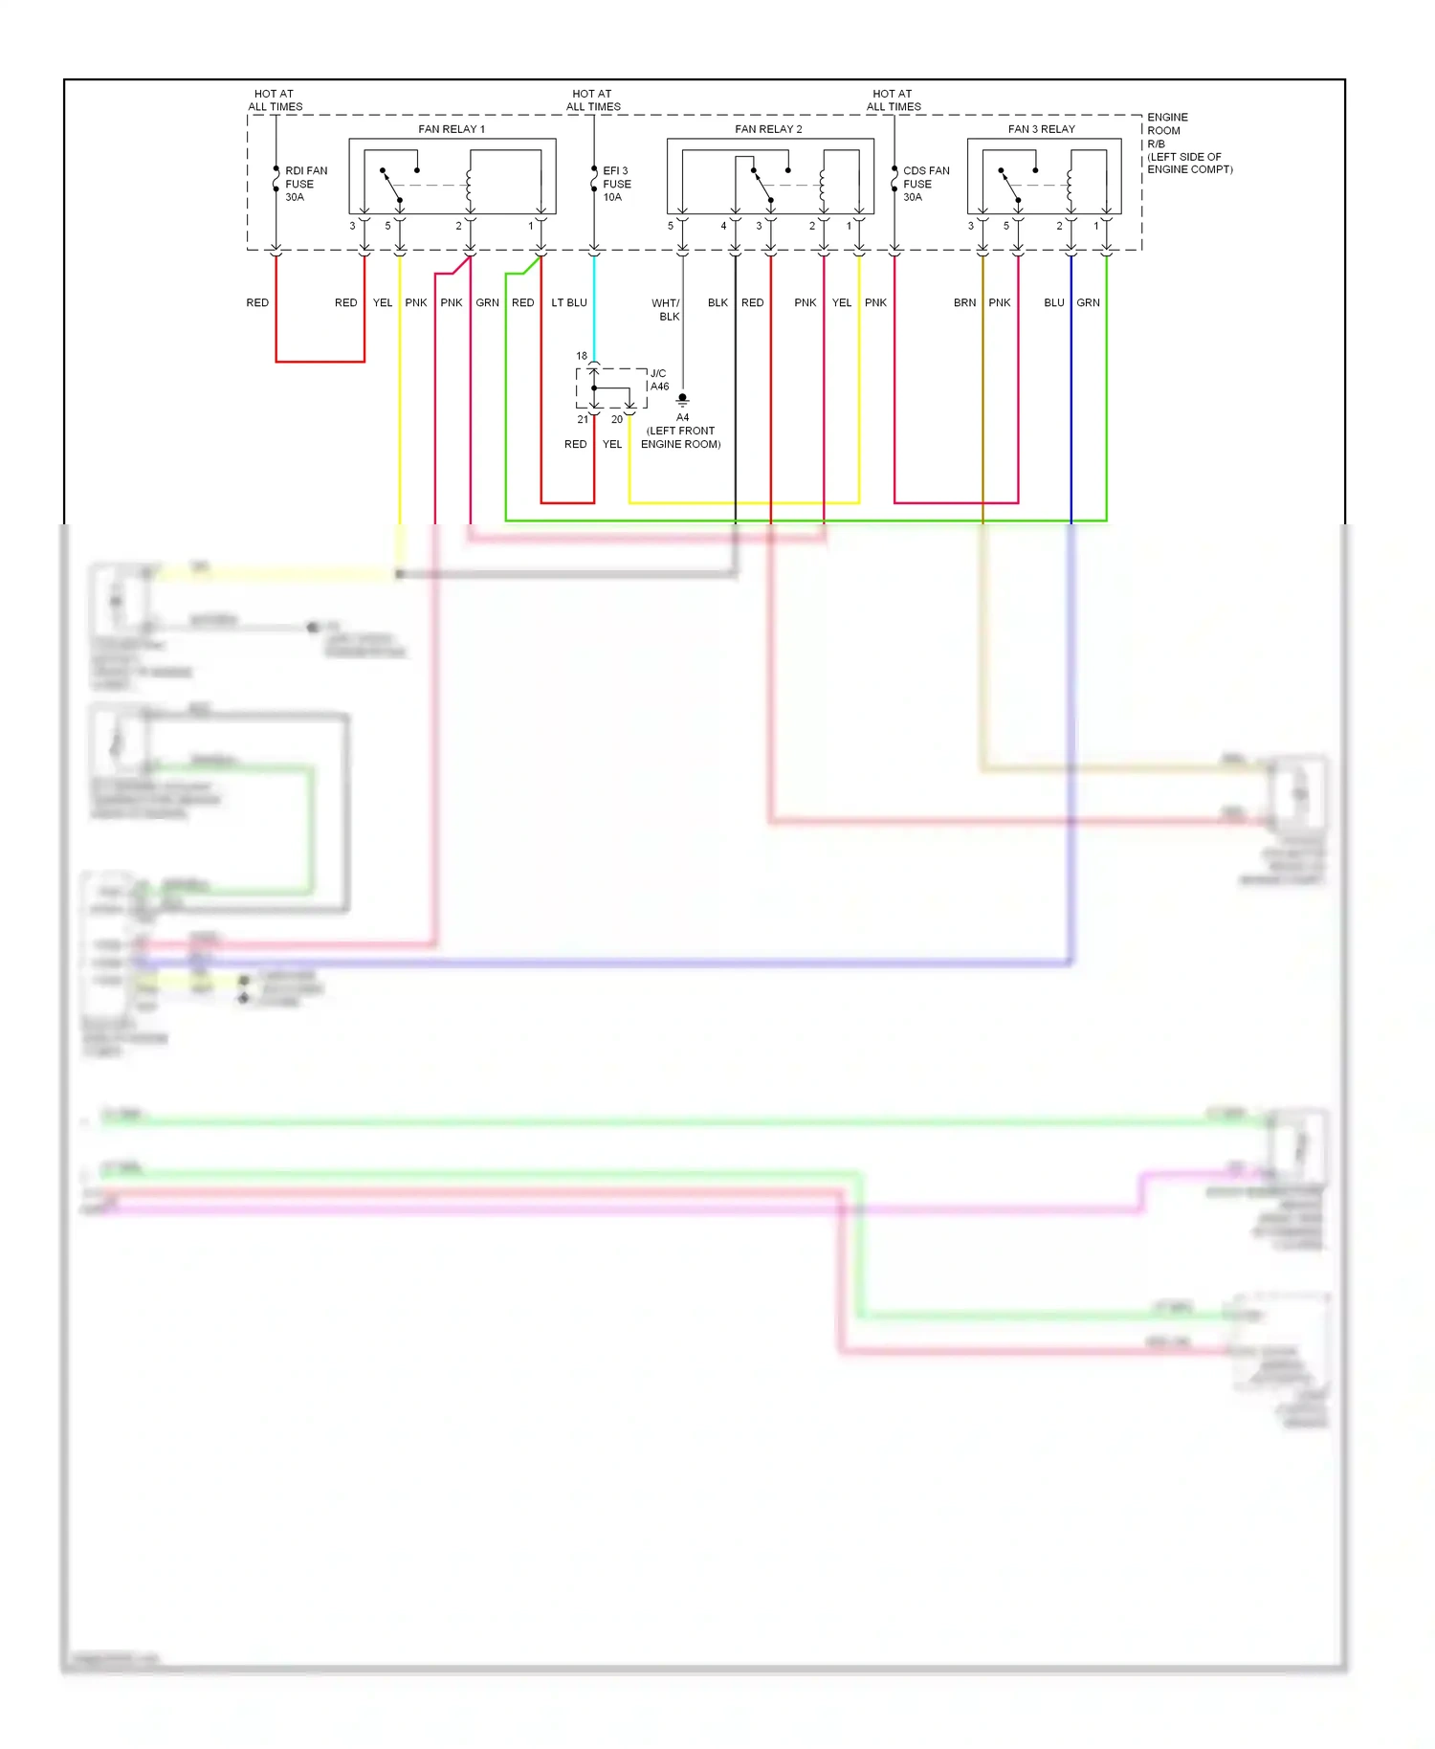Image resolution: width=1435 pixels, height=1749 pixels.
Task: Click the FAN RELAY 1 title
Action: tap(452, 129)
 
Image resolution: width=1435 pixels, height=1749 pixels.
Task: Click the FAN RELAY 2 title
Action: tap(768, 129)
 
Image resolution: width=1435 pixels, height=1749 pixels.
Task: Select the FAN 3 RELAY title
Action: tap(1041, 129)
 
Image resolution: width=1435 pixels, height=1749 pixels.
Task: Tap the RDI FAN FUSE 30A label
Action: tap(305, 184)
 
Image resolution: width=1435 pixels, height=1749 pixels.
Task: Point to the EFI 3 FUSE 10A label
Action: tap(616, 184)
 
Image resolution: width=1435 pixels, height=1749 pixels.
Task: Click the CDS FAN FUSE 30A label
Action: tap(925, 184)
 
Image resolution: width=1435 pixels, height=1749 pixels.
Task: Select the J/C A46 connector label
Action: tap(659, 380)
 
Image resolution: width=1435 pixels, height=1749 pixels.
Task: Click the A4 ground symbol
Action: tap(682, 400)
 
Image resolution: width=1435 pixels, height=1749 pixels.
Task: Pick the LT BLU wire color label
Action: tap(569, 302)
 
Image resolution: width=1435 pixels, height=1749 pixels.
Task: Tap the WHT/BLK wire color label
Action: tap(666, 309)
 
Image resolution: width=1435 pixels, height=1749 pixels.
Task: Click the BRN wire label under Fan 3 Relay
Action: tap(964, 302)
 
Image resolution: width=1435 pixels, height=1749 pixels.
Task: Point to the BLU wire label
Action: tap(1053, 302)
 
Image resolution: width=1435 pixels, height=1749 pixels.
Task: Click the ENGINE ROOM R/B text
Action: tap(1167, 130)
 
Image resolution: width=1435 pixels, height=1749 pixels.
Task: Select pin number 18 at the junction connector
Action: tap(582, 356)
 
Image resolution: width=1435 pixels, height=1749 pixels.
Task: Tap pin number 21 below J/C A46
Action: tap(583, 419)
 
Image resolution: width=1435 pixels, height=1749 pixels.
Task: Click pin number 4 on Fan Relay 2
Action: tap(723, 226)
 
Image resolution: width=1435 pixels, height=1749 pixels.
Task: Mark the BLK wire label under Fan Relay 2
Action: tap(717, 302)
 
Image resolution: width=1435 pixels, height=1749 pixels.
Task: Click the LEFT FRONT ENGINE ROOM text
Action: tap(680, 437)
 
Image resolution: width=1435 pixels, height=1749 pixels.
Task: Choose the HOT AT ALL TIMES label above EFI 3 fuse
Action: tap(593, 100)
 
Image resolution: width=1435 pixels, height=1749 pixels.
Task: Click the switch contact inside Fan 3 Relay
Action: tap(1009, 186)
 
